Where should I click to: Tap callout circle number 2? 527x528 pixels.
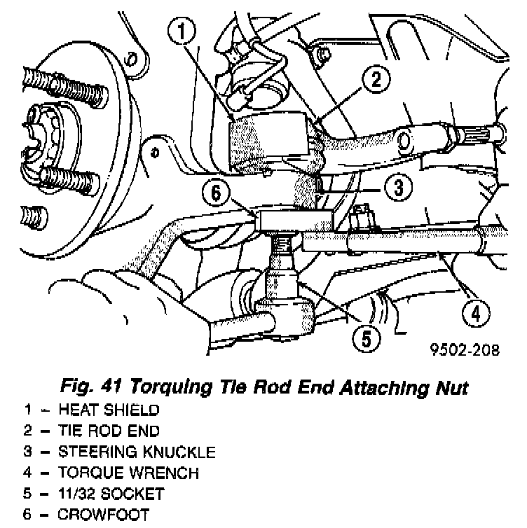coord(376,79)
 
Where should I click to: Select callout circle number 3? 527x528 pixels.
coord(397,188)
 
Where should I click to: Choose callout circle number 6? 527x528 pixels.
coord(218,191)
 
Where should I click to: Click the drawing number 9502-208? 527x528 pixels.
coord(465,350)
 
